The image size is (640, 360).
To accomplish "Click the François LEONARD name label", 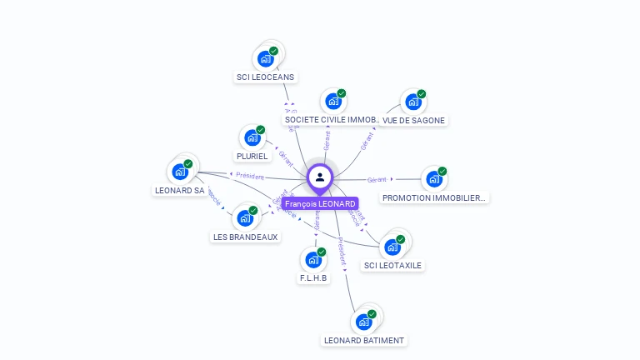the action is [x=320, y=203].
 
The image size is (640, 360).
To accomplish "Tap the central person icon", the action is [x=320, y=177].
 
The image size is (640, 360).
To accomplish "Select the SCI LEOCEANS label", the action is [x=265, y=77].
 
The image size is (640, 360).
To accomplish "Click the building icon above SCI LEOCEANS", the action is [x=266, y=58].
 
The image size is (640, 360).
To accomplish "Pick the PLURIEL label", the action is [x=252, y=156].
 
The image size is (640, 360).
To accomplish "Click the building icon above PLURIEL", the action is [x=252, y=137].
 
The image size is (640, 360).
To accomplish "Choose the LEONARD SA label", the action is [x=180, y=190].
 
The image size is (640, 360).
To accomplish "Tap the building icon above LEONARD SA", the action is [x=180, y=172].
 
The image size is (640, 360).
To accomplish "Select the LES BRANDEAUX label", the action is [x=245, y=237].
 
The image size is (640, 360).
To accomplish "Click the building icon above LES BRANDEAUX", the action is [x=245, y=217].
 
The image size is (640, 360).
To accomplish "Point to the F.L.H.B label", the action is [x=313, y=277].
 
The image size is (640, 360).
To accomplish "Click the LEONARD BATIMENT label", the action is [x=364, y=340].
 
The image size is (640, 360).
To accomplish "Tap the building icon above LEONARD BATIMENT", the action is [x=364, y=322].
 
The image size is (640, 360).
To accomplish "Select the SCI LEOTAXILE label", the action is [x=392, y=265].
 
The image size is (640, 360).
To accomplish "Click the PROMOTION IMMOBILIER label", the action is [x=434, y=197].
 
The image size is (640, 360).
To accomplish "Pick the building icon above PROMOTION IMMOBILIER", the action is [x=434, y=178].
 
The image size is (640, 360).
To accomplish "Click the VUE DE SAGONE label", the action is [x=414, y=120].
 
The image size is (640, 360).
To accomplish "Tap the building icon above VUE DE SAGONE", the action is [x=413, y=102].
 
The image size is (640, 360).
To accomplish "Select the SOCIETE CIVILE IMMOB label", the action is [x=332, y=120].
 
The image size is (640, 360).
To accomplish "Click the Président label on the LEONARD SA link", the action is [x=250, y=176].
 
